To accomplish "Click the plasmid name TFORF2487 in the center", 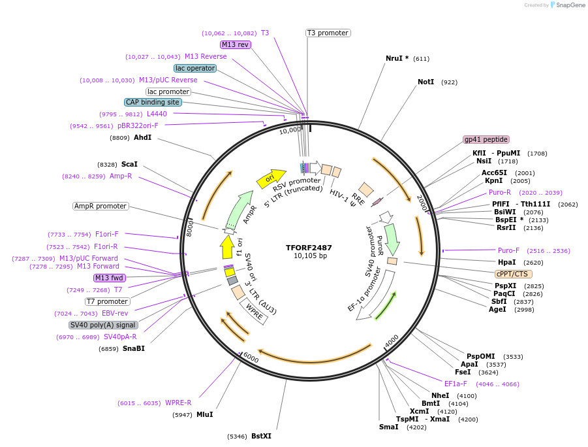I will tap(309, 248).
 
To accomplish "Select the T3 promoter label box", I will tap(328, 33).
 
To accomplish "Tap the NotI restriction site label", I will tap(426, 82).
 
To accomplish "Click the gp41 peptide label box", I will tap(486, 139).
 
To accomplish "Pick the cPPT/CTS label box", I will tap(514, 274).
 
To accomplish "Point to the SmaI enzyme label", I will tap(388, 427).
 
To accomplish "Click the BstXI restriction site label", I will tap(261, 436).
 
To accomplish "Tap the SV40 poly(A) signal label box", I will tap(103, 325).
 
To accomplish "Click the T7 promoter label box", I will tap(107, 301).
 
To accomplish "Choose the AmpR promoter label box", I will tap(101, 206).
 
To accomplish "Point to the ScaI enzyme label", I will tap(129, 165).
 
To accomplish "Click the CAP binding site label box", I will tap(153, 102).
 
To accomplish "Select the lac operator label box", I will tap(195, 68).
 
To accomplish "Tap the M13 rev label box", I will tap(235, 44).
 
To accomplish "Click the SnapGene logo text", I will tap(568, 5).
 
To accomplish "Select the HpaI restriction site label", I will tap(506, 262).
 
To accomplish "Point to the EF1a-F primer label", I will tap(456, 384).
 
